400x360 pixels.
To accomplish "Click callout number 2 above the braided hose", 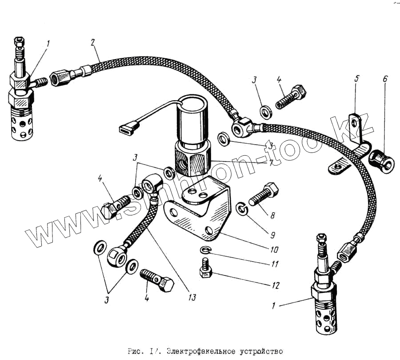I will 92,43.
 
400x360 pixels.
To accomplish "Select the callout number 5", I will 356,79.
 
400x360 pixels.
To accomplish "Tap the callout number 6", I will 385,79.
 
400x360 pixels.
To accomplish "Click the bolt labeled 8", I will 264,194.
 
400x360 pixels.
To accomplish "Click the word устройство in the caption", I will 263,351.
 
